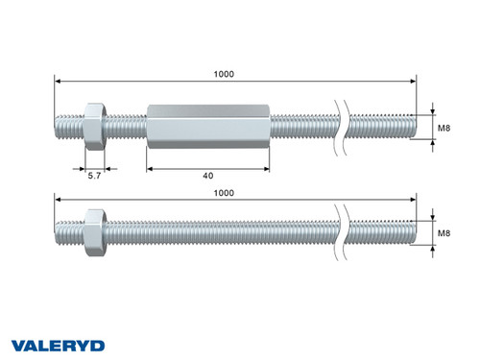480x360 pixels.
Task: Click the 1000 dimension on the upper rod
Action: click(223, 74)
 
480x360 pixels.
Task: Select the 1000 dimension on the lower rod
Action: click(223, 193)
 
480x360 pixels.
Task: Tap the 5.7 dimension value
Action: click(95, 177)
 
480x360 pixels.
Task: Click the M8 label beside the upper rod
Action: click(444, 126)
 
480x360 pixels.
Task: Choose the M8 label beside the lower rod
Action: click(444, 232)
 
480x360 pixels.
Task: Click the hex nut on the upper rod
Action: click(94, 126)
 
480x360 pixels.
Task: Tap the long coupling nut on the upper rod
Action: click(207, 126)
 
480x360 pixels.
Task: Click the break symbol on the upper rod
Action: click(342, 126)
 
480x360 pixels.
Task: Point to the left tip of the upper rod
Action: click(58, 126)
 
